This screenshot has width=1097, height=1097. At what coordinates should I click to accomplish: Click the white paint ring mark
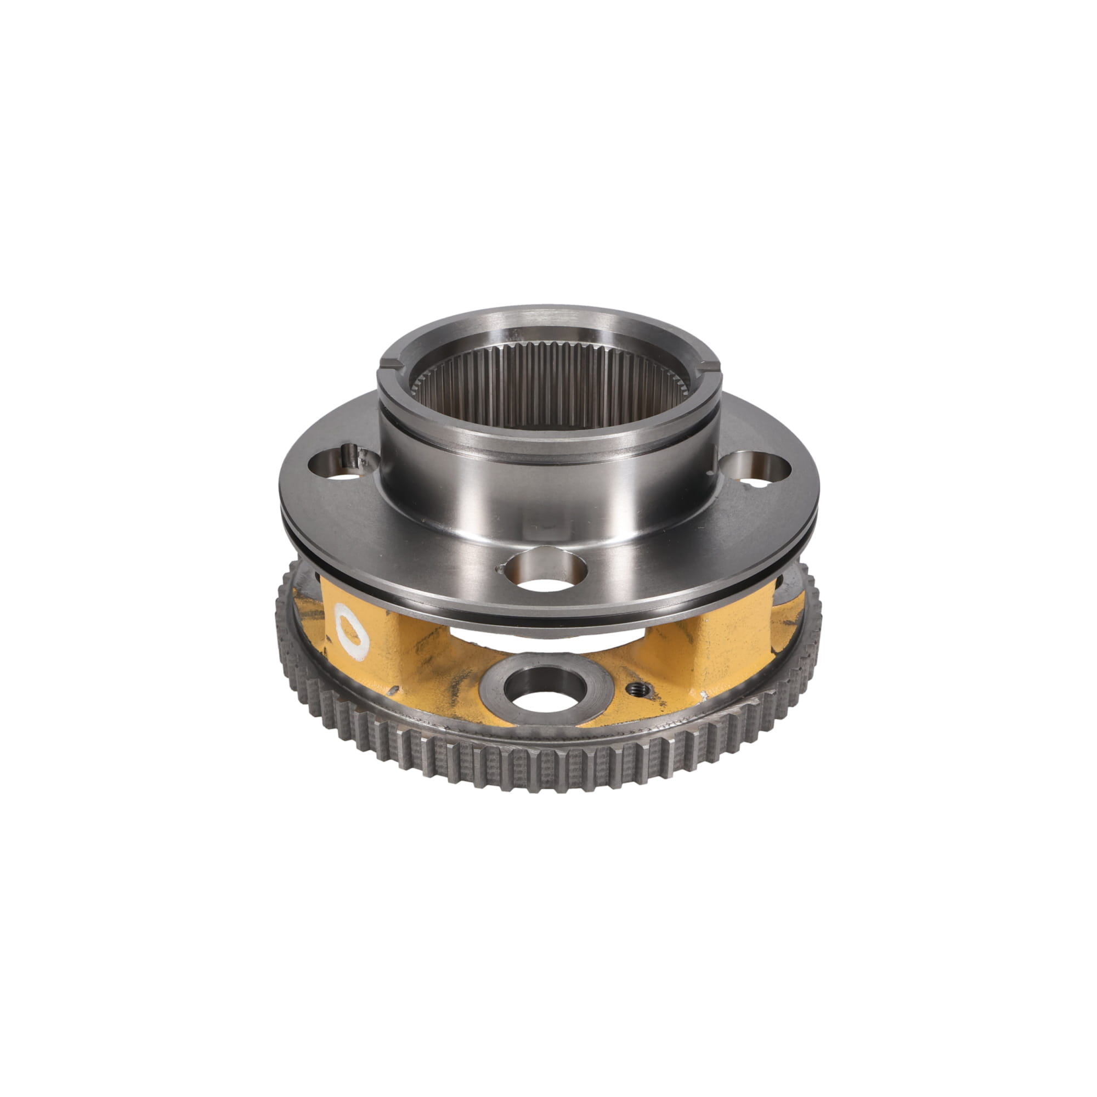pos(352,631)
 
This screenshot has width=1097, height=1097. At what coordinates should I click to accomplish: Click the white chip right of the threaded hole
pos(704,694)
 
